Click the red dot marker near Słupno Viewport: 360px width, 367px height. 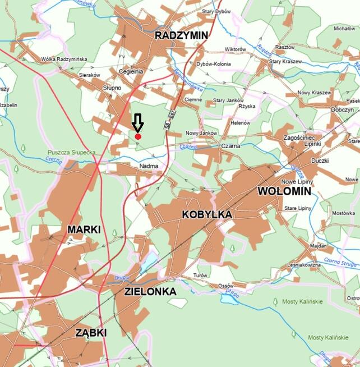[x=138, y=136]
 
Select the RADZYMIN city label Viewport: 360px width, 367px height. [x=181, y=35]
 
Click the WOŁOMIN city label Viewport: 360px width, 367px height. [x=284, y=191]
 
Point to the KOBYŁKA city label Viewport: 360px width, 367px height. [x=207, y=214]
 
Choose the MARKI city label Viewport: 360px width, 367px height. [x=84, y=230]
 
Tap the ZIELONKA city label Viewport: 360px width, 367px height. [x=150, y=292]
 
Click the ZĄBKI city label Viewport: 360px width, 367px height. [x=91, y=333]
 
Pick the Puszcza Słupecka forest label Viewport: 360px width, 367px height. [x=72, y=152]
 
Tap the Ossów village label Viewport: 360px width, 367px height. [x=226, y=286]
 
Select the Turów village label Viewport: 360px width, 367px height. [x=200, y=275]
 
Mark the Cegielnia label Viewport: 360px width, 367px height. [x=131, y=71]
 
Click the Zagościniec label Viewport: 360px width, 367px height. [x=303, y=137]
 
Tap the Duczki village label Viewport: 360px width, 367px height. [x=320, y=160]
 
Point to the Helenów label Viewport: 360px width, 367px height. [x=240, y=122]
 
